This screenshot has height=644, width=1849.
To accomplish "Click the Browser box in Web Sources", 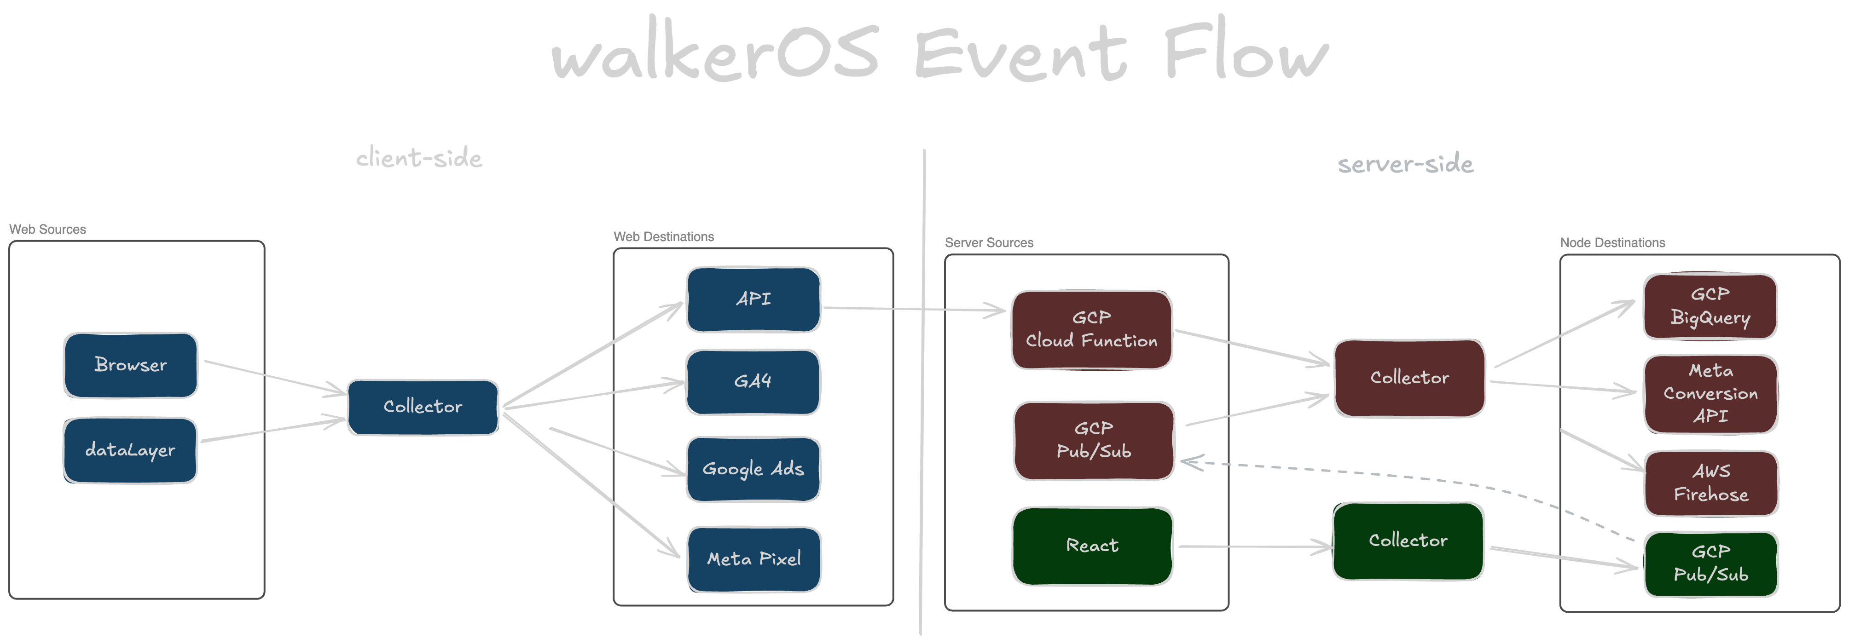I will pyautogui.click(x=131, y=365).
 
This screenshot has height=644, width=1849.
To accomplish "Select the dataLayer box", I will pyautogui.click(x=130, y=450).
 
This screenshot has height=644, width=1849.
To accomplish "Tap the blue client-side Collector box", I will pyautogui.click(x=423, y=407).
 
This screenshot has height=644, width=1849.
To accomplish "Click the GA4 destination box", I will pyautogui.click(x=753, y=381).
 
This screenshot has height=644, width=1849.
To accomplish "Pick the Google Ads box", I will pyautogui.click(x=753, y=469).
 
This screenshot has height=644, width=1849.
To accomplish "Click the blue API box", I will pyautogui.click(x=753, y=299).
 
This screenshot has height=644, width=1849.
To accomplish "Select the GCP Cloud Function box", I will pyautogui.click(x=1091, y=330).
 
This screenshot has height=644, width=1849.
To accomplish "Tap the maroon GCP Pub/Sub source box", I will pyautogui.click(x=1093, y=440).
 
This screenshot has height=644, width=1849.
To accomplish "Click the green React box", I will pyautogui.click(x=1092, y=546).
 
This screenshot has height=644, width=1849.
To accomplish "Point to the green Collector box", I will pyautogui.click(x=1408, y=541).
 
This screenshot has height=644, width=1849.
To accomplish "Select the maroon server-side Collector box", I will pyautogui.click(x=1409, y=378).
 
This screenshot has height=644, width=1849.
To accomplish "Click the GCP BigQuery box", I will pyautogui.click(x=1710, y=306).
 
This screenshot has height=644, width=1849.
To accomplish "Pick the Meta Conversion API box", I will pyautogui.click(x=1710, y=394).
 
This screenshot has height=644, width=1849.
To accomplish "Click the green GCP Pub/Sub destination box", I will pyautogui.click(x=1710, y=563).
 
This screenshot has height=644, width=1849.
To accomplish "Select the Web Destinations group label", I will pyautogui.click(x=663, y=236).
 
